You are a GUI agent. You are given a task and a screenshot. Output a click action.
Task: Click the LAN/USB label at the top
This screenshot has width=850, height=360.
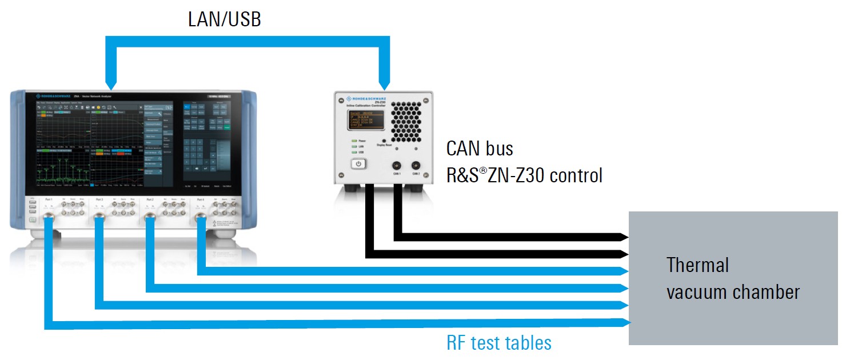pyautogui.click(x=224, y=19)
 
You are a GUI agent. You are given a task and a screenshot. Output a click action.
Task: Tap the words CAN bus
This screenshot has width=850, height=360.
pyautogui.click(x=480, y=149)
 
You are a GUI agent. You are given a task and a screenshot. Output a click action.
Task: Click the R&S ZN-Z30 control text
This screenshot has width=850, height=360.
pyautogui.click(x=524, y=175)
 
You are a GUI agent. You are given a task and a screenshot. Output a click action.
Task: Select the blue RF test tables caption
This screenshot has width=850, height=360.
pyautogui.click(x=498, y=342)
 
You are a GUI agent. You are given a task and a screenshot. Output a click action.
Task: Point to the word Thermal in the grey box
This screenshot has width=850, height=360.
pyautogui.click(x=697, y=265)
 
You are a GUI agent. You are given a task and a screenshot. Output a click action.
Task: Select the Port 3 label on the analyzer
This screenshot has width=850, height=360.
pyautogui.click(x=150, y=199)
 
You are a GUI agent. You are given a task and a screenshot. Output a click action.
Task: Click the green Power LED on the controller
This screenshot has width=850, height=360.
pyautogui.click(x=354, y=140)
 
